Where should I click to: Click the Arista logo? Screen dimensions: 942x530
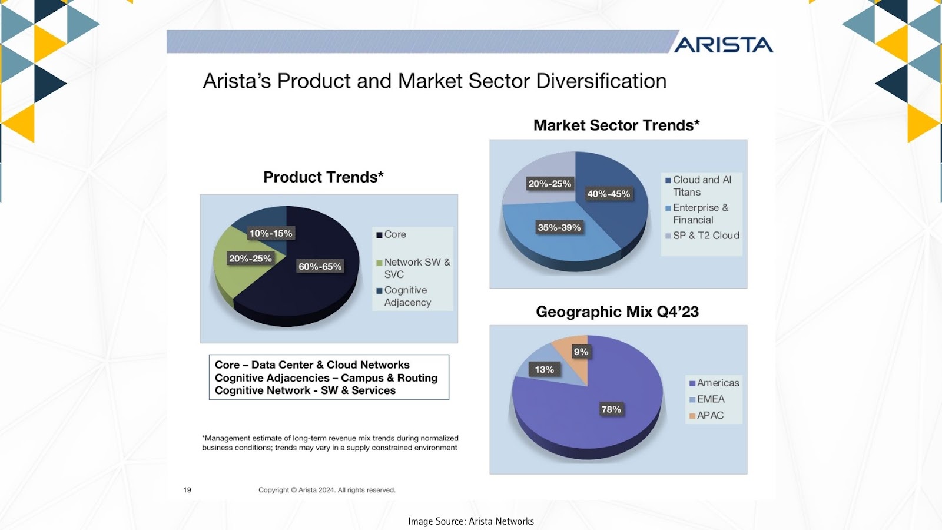click(724, 45)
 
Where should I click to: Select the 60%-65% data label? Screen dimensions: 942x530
click(320, 266)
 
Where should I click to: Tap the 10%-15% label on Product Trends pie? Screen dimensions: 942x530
click(271, 233)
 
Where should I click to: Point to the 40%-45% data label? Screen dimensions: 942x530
click(609, 194)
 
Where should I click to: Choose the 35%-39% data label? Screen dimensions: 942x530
click(559, 227)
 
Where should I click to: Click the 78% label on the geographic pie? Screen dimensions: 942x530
click(611, 409)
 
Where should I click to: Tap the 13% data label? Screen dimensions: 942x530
click(544, 370)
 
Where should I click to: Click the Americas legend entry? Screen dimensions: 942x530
click(714, 383)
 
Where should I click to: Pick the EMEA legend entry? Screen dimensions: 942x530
click(706, 399)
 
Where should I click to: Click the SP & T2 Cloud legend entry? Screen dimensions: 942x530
click(702, 236)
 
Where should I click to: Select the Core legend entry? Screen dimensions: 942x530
click(391, 234)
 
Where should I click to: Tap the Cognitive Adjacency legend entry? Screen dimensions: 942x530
click(404, 296)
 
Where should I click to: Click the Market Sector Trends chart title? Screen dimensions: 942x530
click(616, 125)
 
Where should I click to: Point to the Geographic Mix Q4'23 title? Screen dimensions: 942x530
click(618, 312)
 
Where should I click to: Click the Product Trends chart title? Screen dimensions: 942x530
click(323, 177)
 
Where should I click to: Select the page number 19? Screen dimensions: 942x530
click(187, 489)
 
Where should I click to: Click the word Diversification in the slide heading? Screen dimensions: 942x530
click(601, 81)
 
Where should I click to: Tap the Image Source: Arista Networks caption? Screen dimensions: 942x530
click(471, 521)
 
